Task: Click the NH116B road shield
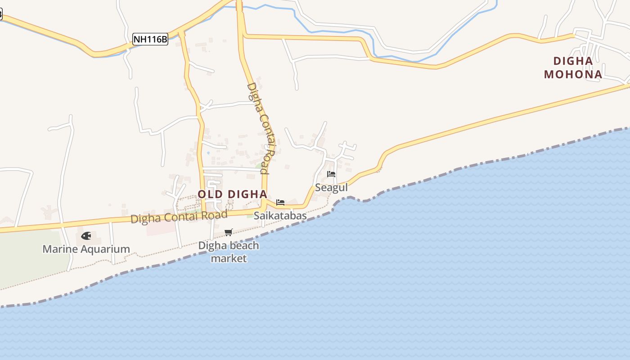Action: pyautogui.click(x=150, y=40)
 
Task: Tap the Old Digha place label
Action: pyautogui.click(x=232, y=194)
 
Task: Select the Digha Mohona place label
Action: pyautogui.click(x=573, y=67)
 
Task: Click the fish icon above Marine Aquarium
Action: pyautogui.click(x=86, y=236)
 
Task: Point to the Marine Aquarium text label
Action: pyautogui.click(x=86, y=249)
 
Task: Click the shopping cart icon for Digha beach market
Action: pyautogui.click(x=228, y=233)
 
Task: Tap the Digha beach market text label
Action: pyautogui.click(x=229, y=252)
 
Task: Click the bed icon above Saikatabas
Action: pyautogui.click(x=280, y=202)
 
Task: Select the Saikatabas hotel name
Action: pyautogui.click(x=280, y=216)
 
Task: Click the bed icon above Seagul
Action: pyautogui.click(x=331, y=174)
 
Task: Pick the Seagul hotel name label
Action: pyautogui.click(x=331, y=187)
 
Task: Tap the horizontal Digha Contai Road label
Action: pyautogui.click(x=179, y=217)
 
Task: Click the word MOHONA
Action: pyautogui.click(x=573, y=74)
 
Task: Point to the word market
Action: pyautogui.click(x=229, y=259)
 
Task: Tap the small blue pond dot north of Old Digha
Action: pyautogui.click(x=208, y=153)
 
